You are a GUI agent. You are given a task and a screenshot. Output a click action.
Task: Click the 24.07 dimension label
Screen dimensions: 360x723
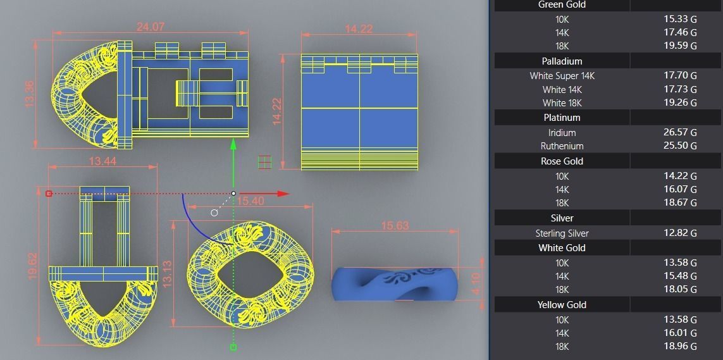coord(151,27)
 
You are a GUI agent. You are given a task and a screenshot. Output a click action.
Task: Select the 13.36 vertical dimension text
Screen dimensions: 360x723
coord(29,94)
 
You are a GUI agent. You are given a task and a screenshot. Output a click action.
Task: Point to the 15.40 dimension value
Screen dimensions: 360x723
coord(250,201)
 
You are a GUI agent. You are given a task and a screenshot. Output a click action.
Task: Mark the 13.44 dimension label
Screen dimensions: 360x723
coord(102,161)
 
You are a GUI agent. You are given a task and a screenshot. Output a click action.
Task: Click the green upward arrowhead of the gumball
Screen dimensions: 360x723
coord(233,144)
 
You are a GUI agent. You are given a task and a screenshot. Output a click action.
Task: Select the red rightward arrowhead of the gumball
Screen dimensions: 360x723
coord(282,194)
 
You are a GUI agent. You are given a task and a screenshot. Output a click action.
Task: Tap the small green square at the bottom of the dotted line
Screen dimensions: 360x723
coord(233,347)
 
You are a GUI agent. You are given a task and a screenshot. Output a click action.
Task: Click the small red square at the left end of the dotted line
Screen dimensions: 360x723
coord(49,193)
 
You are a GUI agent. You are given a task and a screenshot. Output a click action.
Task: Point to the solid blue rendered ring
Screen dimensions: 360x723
coord(395,283)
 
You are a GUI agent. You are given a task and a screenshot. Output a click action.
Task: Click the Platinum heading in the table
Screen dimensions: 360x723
coord(562,118)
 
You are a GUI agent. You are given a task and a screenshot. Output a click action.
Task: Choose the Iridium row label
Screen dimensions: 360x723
coord(562,132)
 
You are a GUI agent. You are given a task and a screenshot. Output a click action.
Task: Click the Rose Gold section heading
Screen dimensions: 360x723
coord(562,161)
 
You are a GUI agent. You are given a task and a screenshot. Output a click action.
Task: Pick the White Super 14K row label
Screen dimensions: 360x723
coord(562,75)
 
